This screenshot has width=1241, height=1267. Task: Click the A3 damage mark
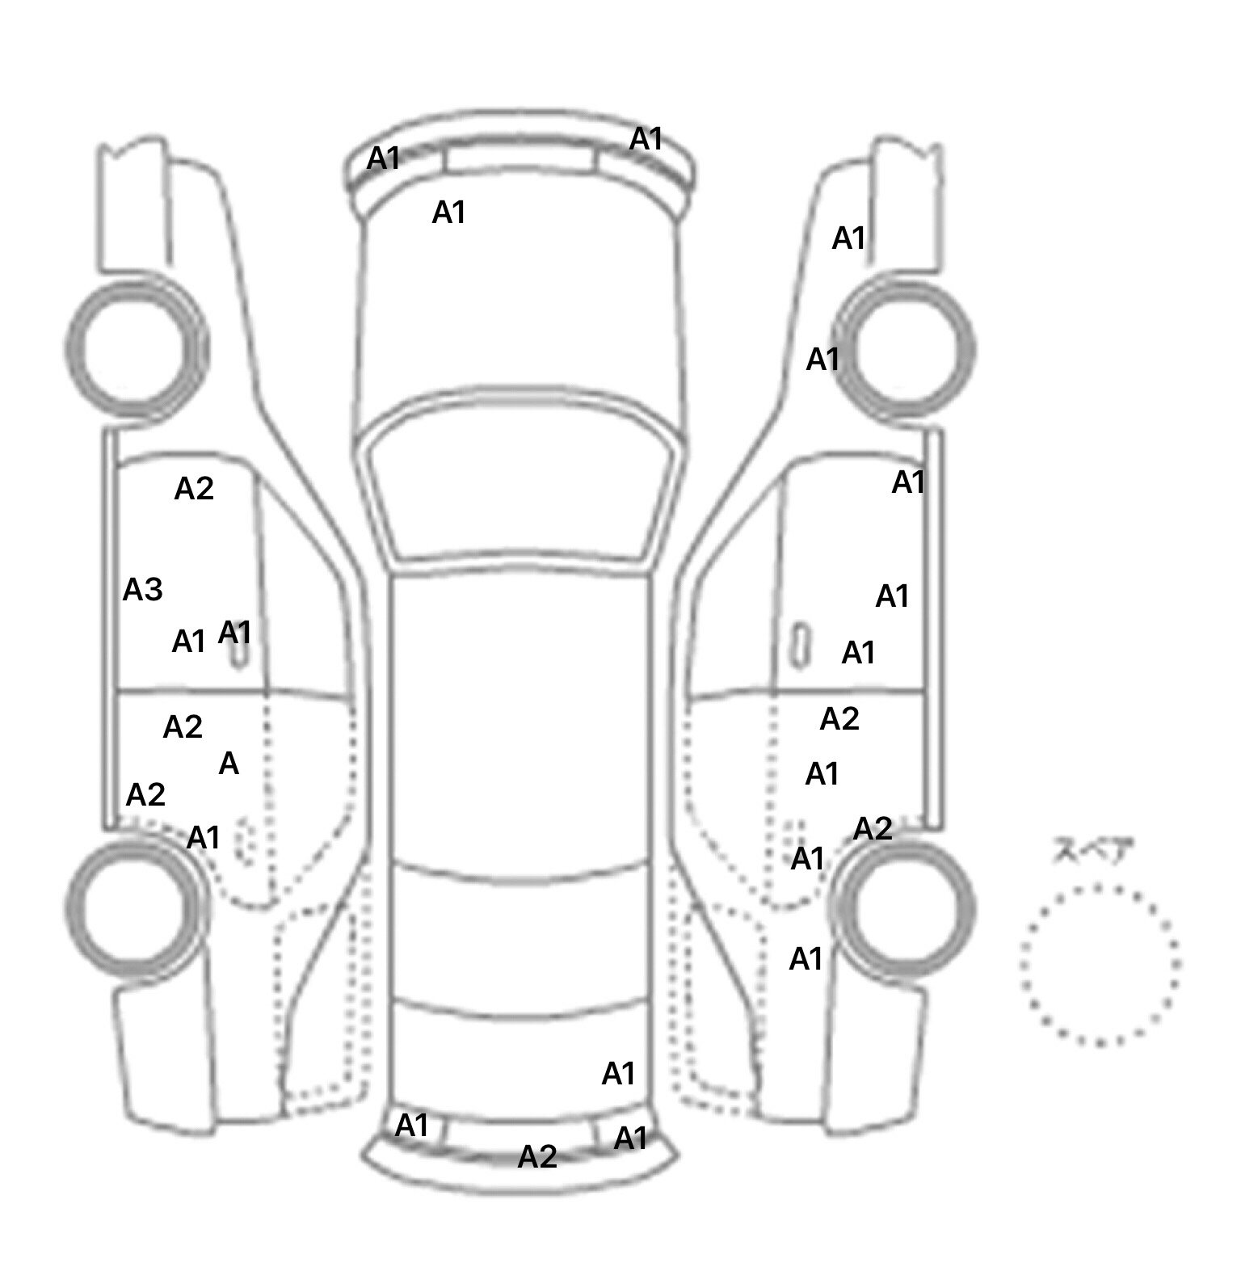click(142, 591)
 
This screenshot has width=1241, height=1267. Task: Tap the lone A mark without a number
click(229, 764)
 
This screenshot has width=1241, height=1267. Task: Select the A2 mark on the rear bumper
click(537, 1157)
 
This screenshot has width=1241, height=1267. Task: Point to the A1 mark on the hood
click(449, 213)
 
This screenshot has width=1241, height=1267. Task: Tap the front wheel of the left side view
click(136, 348)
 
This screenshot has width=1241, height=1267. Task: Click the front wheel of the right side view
click(905, 350)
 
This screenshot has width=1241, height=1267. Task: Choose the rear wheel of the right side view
click(903, 906)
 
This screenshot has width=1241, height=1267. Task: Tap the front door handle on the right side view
click(800, 645)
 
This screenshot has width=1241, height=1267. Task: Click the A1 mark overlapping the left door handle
click(234, 632)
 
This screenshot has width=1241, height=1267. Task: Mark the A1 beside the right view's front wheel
click(823, 359)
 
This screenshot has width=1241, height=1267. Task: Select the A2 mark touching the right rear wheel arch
click(873, 828)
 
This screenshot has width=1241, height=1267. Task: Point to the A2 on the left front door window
click(194, 488)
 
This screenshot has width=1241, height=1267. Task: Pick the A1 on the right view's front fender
click(849, 238)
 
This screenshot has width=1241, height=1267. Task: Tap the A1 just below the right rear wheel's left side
click(806, 959)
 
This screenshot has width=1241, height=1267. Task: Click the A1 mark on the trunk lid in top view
click(619, 1074)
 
